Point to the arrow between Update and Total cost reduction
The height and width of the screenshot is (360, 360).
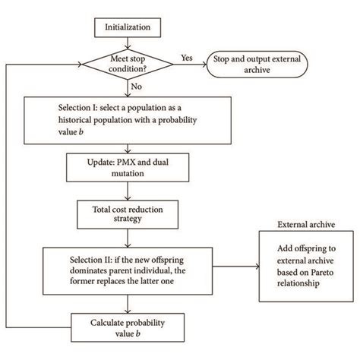[127, 189]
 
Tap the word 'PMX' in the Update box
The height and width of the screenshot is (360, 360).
[118, 162]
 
